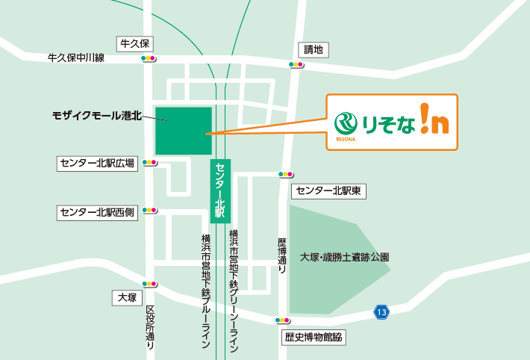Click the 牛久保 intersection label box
click(134, 43)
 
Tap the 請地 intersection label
click(314, 50)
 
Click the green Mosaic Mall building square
click(183, 131)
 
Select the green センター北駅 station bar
click(219, 190)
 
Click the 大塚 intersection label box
click(127, 297)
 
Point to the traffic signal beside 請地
click(296, 65)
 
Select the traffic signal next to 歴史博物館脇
click(282, 320)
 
